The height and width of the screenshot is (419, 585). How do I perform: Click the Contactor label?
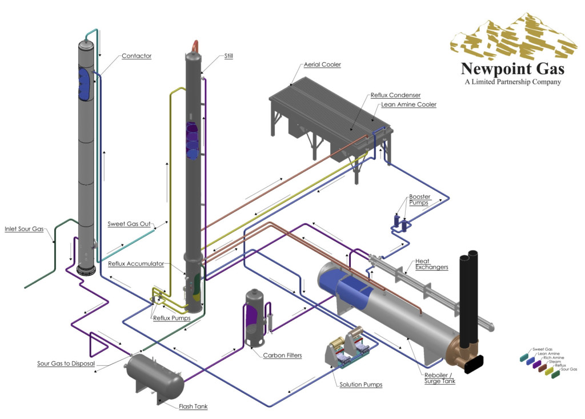click(x=136, y=56)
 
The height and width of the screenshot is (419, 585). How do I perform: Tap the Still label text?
click(x=229, y=56)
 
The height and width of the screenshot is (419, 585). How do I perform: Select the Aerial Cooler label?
click(x=322, y=65)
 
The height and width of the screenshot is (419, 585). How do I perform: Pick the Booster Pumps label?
click(x=419, y=200)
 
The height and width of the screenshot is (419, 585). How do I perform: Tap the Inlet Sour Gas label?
click(x=25, y=229)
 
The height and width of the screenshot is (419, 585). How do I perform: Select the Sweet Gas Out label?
click(x=129, y=224)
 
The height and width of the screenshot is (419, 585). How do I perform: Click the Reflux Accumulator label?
click(x=136, y=264)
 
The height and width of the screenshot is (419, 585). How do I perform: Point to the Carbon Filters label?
click(x=282, y=355)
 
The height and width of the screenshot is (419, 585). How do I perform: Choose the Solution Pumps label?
click(x=360, y=385)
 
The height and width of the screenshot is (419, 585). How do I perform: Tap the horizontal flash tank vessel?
click(x=154, y=374)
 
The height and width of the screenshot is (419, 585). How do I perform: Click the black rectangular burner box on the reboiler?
click(x=474, y=364)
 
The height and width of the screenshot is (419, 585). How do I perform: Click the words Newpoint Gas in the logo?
click(x=513, y=69)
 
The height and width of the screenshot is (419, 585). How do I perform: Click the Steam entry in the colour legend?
click(x=554, y=361)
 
